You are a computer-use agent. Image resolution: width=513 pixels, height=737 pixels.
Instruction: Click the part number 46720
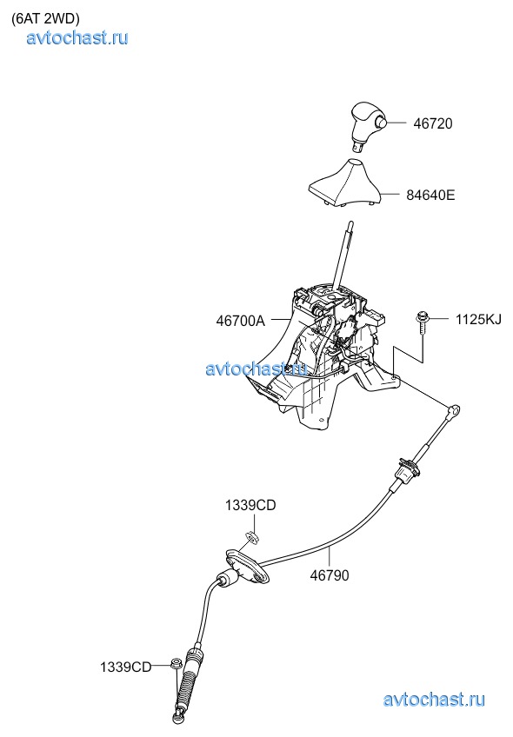(x=433, y=123)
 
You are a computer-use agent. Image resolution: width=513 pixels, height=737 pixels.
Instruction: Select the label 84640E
(x=430, y=195)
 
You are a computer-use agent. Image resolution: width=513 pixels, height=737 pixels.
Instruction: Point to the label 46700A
(x=240, y=321)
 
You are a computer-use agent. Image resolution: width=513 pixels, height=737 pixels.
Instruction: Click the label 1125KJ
(x=478, y=320)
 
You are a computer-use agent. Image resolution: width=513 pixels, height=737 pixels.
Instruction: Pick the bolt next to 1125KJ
(x=421, y=324)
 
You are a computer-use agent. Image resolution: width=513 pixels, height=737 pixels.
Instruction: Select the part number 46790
(x=330, y=575)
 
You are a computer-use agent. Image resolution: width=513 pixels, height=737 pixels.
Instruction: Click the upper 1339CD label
(x=250, y=505)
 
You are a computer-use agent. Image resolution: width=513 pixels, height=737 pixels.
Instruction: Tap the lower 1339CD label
(x=125, y=667)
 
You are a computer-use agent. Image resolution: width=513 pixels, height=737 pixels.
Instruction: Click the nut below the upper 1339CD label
(x=253, y=537)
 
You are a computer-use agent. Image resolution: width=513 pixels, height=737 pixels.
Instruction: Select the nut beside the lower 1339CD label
(x=177, y=664)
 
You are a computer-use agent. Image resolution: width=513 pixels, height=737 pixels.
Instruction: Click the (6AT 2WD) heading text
(x=45, y=18)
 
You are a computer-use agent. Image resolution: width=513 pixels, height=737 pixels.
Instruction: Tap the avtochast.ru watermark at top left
(x=77, y=37)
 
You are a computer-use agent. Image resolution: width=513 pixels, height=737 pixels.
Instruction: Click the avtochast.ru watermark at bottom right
(x=434, y=700)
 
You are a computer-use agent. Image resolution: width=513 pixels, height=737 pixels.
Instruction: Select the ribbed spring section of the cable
(x=187, y=677)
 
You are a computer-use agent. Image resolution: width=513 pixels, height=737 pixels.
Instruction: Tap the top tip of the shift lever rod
(x=350, y=222)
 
